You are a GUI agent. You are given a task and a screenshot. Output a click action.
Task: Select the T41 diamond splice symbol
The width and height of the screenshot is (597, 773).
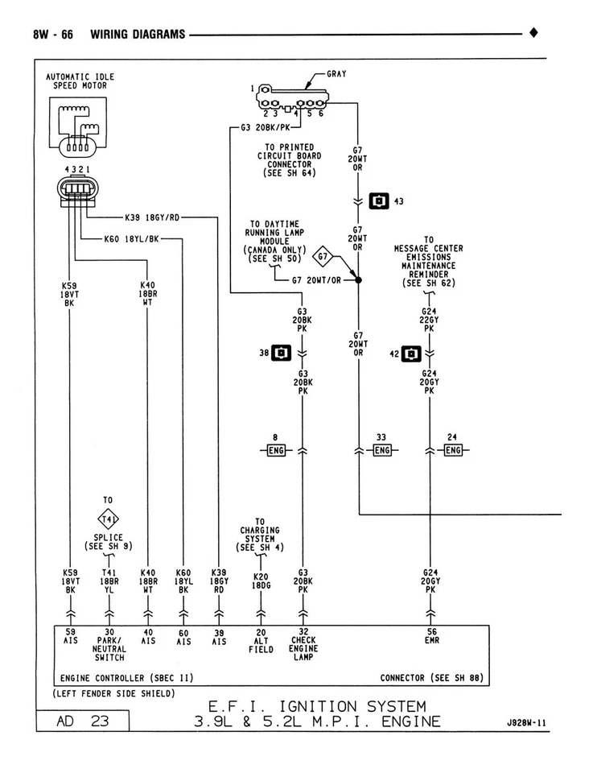[109, 518]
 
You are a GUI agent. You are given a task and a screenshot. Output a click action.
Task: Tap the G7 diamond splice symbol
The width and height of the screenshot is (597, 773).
[323, 258]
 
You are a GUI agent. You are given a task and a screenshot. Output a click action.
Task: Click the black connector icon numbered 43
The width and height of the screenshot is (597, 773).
[379, 200]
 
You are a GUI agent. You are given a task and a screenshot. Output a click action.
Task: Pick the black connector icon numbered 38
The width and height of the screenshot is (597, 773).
[282, 353]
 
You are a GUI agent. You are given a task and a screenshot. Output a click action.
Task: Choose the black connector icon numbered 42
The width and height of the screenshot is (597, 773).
[410, 353]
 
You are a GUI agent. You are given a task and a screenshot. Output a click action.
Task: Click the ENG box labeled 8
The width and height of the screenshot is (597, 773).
[276, 450]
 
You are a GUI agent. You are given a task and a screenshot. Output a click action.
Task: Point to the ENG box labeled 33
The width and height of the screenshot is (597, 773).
[381, 450]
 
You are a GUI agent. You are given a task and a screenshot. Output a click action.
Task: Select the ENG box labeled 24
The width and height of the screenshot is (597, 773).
[453, 450]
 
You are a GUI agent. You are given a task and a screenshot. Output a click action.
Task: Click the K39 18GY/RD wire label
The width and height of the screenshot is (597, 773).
[152, 217]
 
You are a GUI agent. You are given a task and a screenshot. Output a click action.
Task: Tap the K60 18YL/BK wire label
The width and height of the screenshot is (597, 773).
[131, 238]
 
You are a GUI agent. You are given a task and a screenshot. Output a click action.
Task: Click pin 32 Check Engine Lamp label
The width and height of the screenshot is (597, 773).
[303, 644]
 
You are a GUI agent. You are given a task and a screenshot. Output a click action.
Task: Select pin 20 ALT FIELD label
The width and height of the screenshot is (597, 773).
[261, 640]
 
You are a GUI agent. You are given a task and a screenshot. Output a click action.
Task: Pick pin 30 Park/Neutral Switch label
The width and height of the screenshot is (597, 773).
[109, 644]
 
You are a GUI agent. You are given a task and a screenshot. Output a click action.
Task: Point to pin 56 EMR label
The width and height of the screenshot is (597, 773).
[431, 636]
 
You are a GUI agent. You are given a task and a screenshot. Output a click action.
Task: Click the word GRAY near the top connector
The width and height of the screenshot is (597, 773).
[337, 74]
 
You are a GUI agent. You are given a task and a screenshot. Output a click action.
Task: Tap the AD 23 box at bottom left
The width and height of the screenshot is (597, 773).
[83, 721]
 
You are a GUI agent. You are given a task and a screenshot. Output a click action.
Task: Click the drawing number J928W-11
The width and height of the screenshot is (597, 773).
[526, 723]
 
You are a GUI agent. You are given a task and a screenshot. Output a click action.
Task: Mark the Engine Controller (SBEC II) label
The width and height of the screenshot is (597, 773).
[126, 677]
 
